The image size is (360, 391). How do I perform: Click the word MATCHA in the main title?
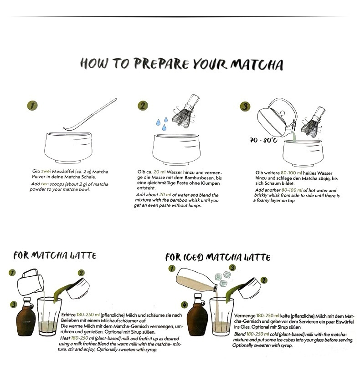click(x=257, y=65)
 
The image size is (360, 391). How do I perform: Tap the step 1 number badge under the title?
click(x=32, y=106)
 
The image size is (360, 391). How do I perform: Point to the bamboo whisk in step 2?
click(x=186, y=111)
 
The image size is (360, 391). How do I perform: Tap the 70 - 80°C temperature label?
click(x=263, y=140)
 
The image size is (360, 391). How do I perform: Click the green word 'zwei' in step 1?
click(x=46, y=171)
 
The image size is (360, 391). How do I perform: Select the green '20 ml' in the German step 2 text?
click(x=159, y=172)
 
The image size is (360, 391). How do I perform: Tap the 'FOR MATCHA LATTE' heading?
click(x=55, y=255)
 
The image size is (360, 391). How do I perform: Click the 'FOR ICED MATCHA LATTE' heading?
click(x=218, y=257)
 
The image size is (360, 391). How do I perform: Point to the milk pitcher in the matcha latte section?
click(x=31, y=282)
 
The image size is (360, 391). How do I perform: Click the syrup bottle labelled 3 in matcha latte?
click(x=26, y=317)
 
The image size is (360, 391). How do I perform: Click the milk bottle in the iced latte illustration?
click(x=197, y=279)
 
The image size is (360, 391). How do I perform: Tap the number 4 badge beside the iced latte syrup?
click(x=184, y=305)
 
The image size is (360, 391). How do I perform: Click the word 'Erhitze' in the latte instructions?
click(x=68, y=315)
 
